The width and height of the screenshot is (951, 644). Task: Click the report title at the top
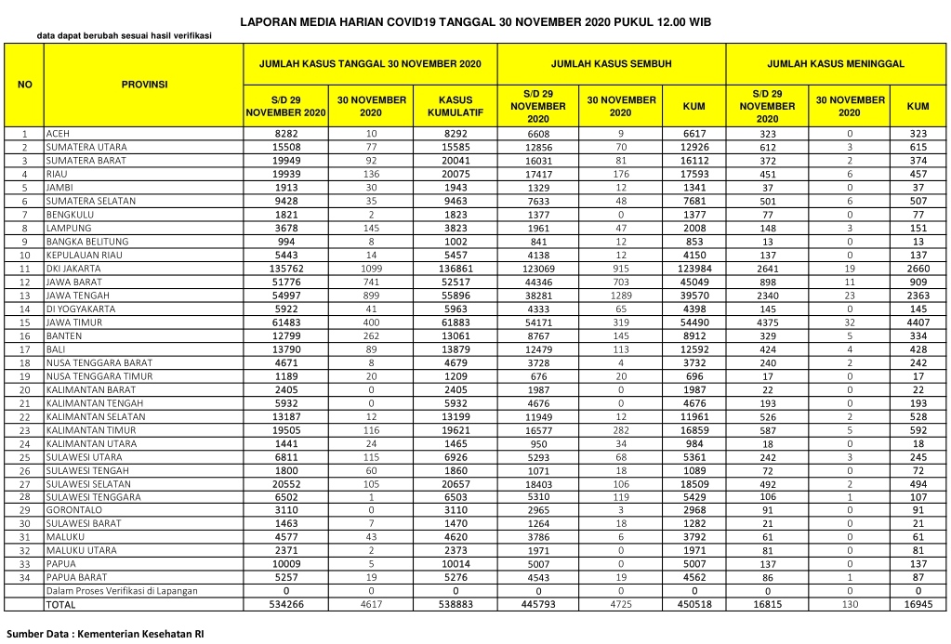[475, 20]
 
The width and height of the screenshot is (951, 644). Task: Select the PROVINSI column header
[144, 85]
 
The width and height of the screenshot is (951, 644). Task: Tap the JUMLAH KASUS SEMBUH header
[611, 64]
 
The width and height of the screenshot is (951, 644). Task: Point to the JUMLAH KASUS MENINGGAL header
[836, 64]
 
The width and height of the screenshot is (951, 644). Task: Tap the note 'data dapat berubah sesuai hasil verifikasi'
[124, 36]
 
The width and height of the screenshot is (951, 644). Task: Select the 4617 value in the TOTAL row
[372, 605]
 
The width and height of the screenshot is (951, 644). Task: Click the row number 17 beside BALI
[25, 349]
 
